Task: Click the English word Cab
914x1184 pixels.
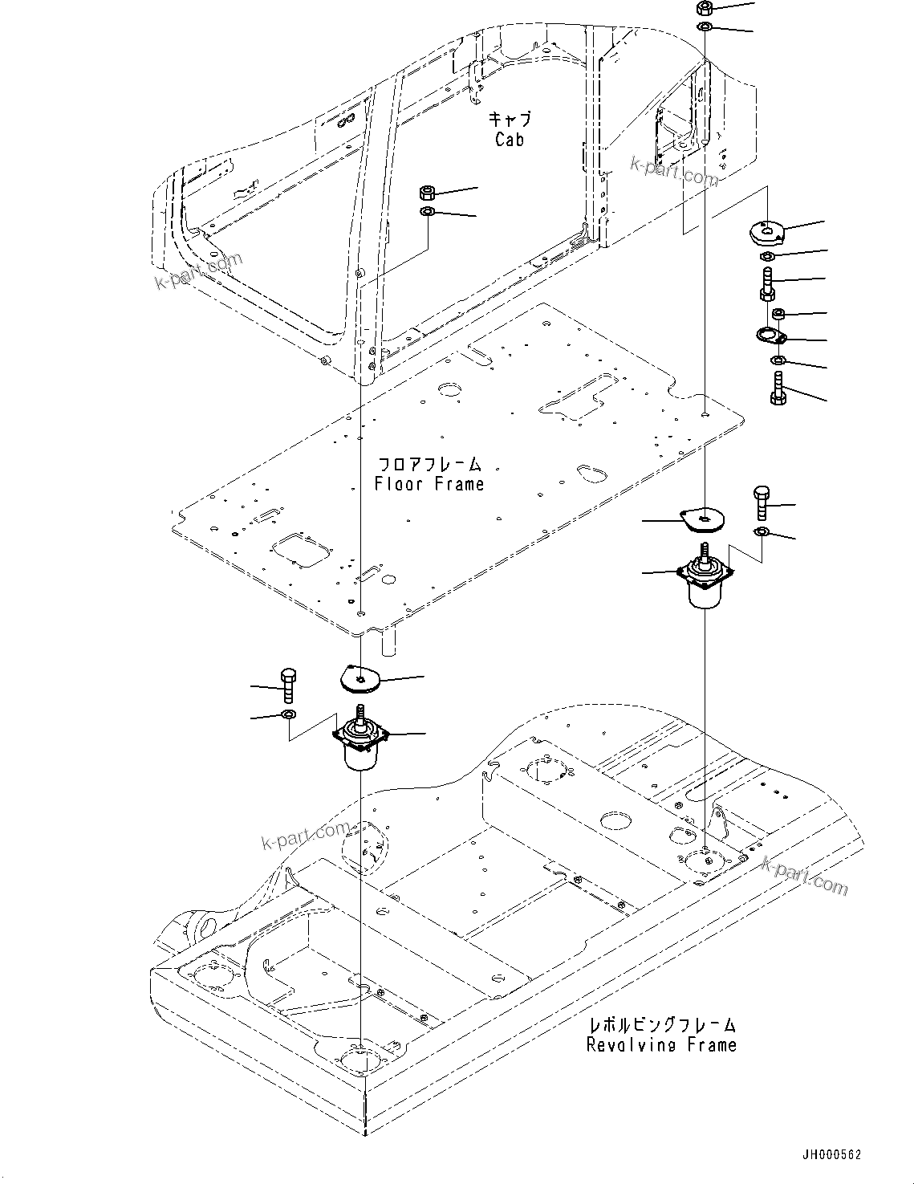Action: tap(510, 140)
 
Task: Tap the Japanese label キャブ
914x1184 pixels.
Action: tap(510, 120)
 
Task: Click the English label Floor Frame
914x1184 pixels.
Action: tap(429, 484)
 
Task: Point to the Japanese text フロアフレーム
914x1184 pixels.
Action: tap(429, 465)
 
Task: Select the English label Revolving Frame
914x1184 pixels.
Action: tap(660, 1044)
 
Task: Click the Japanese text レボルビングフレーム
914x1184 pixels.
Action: tap(660, 1025)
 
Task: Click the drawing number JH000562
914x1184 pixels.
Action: tap(830, 1155)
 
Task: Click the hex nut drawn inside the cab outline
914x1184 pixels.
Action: tap(428, 193)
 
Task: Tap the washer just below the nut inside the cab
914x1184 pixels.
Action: tap(428, 211)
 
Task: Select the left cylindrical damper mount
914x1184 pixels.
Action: tap(360, 743)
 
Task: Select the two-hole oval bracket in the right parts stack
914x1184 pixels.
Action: tap(774, 336)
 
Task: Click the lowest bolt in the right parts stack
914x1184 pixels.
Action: tap(778, 389)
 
